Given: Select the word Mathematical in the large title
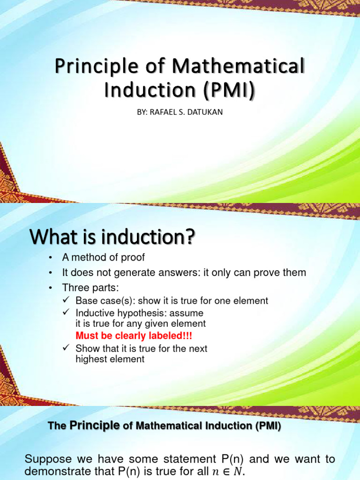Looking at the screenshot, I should point(238,67).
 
